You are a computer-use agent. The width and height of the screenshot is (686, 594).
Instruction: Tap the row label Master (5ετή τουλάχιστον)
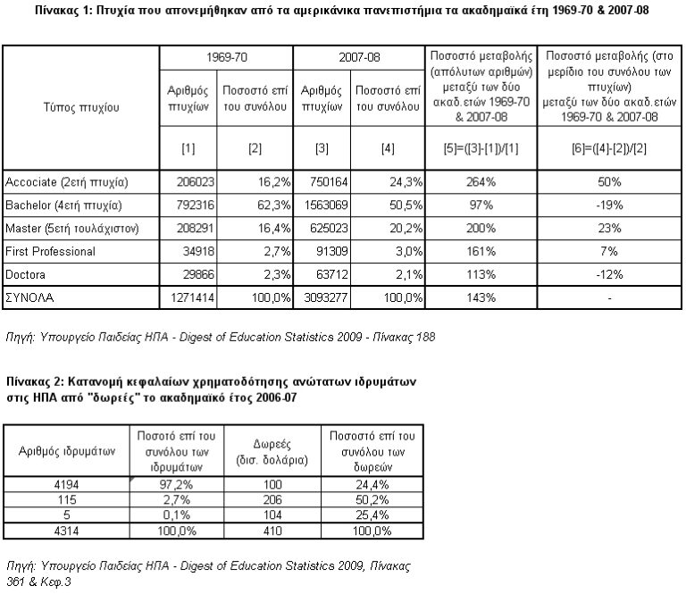tap(72, 229)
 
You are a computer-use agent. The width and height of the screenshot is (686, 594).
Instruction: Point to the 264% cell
tap(481, 182)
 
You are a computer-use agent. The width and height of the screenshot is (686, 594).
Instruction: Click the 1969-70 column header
tap(226, 57)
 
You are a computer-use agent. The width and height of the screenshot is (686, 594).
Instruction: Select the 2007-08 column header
tap(359, 57)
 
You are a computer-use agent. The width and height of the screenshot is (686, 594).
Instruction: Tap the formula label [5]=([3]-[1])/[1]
tap(481, 149)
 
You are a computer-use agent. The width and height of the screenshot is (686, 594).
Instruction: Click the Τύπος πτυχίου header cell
tap(81, 107)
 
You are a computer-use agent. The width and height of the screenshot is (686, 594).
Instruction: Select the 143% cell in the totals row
tap(481, 297)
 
